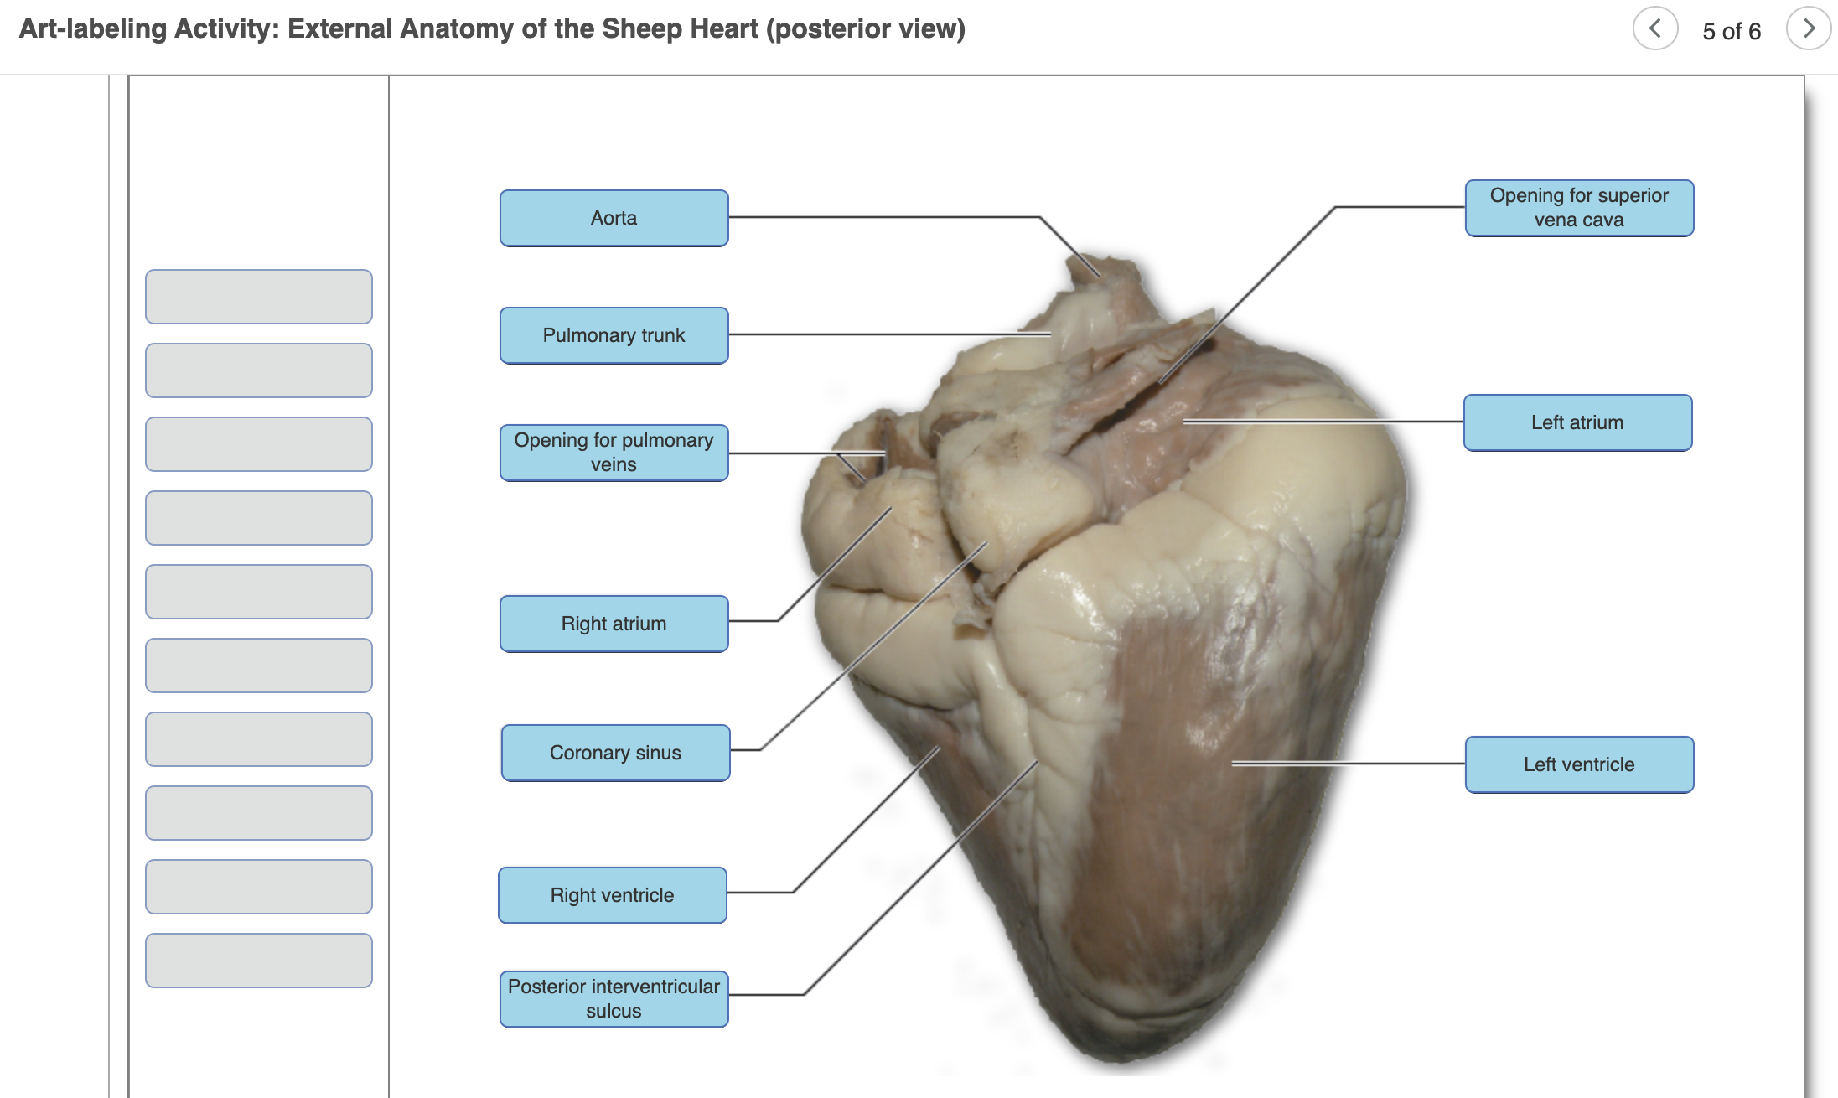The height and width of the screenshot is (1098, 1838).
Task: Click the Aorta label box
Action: [614, 218]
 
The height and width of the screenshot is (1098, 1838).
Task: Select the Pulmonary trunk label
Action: [614, 335]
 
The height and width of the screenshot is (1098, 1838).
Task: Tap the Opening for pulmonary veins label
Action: [614, 453]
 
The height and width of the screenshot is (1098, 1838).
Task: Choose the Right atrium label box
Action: [614, 624]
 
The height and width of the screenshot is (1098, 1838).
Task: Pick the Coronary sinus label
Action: [615, 753]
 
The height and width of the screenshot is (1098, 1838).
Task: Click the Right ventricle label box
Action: [612, 895]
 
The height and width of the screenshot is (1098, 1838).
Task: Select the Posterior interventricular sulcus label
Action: [614, 998]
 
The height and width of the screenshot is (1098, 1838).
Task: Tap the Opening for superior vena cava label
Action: [1579, 208]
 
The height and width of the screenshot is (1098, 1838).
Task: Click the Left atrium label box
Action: [1577, 422]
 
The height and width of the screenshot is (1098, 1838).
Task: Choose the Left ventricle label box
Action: [1579, 764]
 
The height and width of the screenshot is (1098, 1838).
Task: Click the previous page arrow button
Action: [1655, 29]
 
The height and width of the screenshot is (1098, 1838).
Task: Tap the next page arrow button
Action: [1808, 29]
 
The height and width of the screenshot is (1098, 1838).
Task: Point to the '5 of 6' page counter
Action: [1732, 31]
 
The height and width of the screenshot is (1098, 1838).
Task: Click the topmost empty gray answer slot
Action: [259, 297]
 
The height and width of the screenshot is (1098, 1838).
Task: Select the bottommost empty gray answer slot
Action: [259, 961]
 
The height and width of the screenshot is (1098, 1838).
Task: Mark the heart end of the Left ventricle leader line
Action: [1233, 764]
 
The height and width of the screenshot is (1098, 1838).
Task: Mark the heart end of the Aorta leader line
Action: [1099, 276]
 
